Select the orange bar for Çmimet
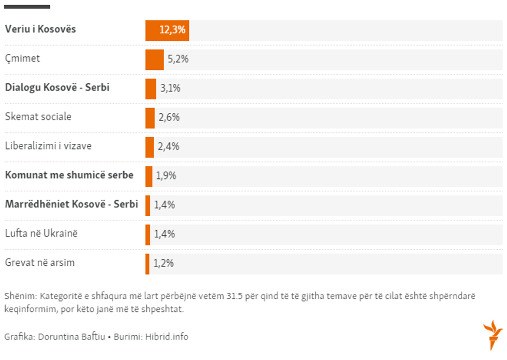[155, 59]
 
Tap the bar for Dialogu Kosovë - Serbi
[151, 88]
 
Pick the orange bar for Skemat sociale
[150, 118]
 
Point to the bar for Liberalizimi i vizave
[150, 147]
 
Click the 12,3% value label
[172, 30]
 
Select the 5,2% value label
[178, 59]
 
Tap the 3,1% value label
[170, 88]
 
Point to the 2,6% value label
[169, 118]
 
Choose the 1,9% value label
[166, 176]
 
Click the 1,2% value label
[163, 263]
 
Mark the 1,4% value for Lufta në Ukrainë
[165, 234]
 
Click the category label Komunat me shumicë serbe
[69, 175]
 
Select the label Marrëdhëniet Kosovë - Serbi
[71, 204]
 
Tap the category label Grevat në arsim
[40, 263]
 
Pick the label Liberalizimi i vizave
[48, 146]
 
